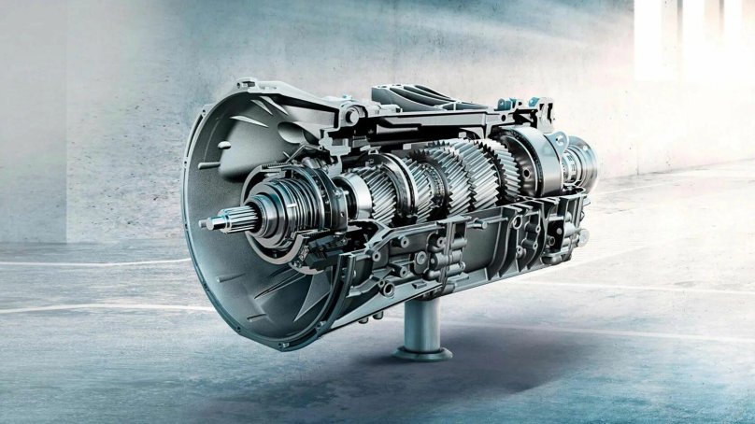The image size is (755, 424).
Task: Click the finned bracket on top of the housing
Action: pos(411,96)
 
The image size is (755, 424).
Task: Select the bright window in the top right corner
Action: pos(691,37)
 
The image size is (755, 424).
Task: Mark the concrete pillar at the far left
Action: pos(33,121)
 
